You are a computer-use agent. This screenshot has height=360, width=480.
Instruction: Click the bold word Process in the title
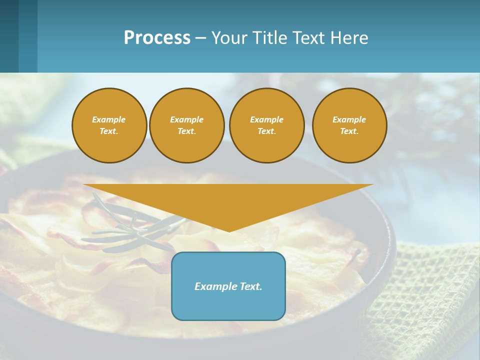[157, 38]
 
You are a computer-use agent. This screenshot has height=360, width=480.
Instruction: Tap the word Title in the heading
[269, 38]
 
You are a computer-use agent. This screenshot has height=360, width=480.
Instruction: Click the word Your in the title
[230, 38]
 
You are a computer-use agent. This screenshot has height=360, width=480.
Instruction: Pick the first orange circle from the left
[109, 125]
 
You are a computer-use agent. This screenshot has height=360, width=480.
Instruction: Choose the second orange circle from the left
[186, 125]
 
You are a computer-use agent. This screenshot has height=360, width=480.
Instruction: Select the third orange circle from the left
[266, 125]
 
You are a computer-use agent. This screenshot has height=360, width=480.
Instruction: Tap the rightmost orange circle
[349, 125]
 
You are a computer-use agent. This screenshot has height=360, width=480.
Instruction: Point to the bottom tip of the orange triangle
[228, 230]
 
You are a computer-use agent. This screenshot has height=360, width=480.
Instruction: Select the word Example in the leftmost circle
[109, 119]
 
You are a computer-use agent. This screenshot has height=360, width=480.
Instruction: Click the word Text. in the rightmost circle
[349, 131]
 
